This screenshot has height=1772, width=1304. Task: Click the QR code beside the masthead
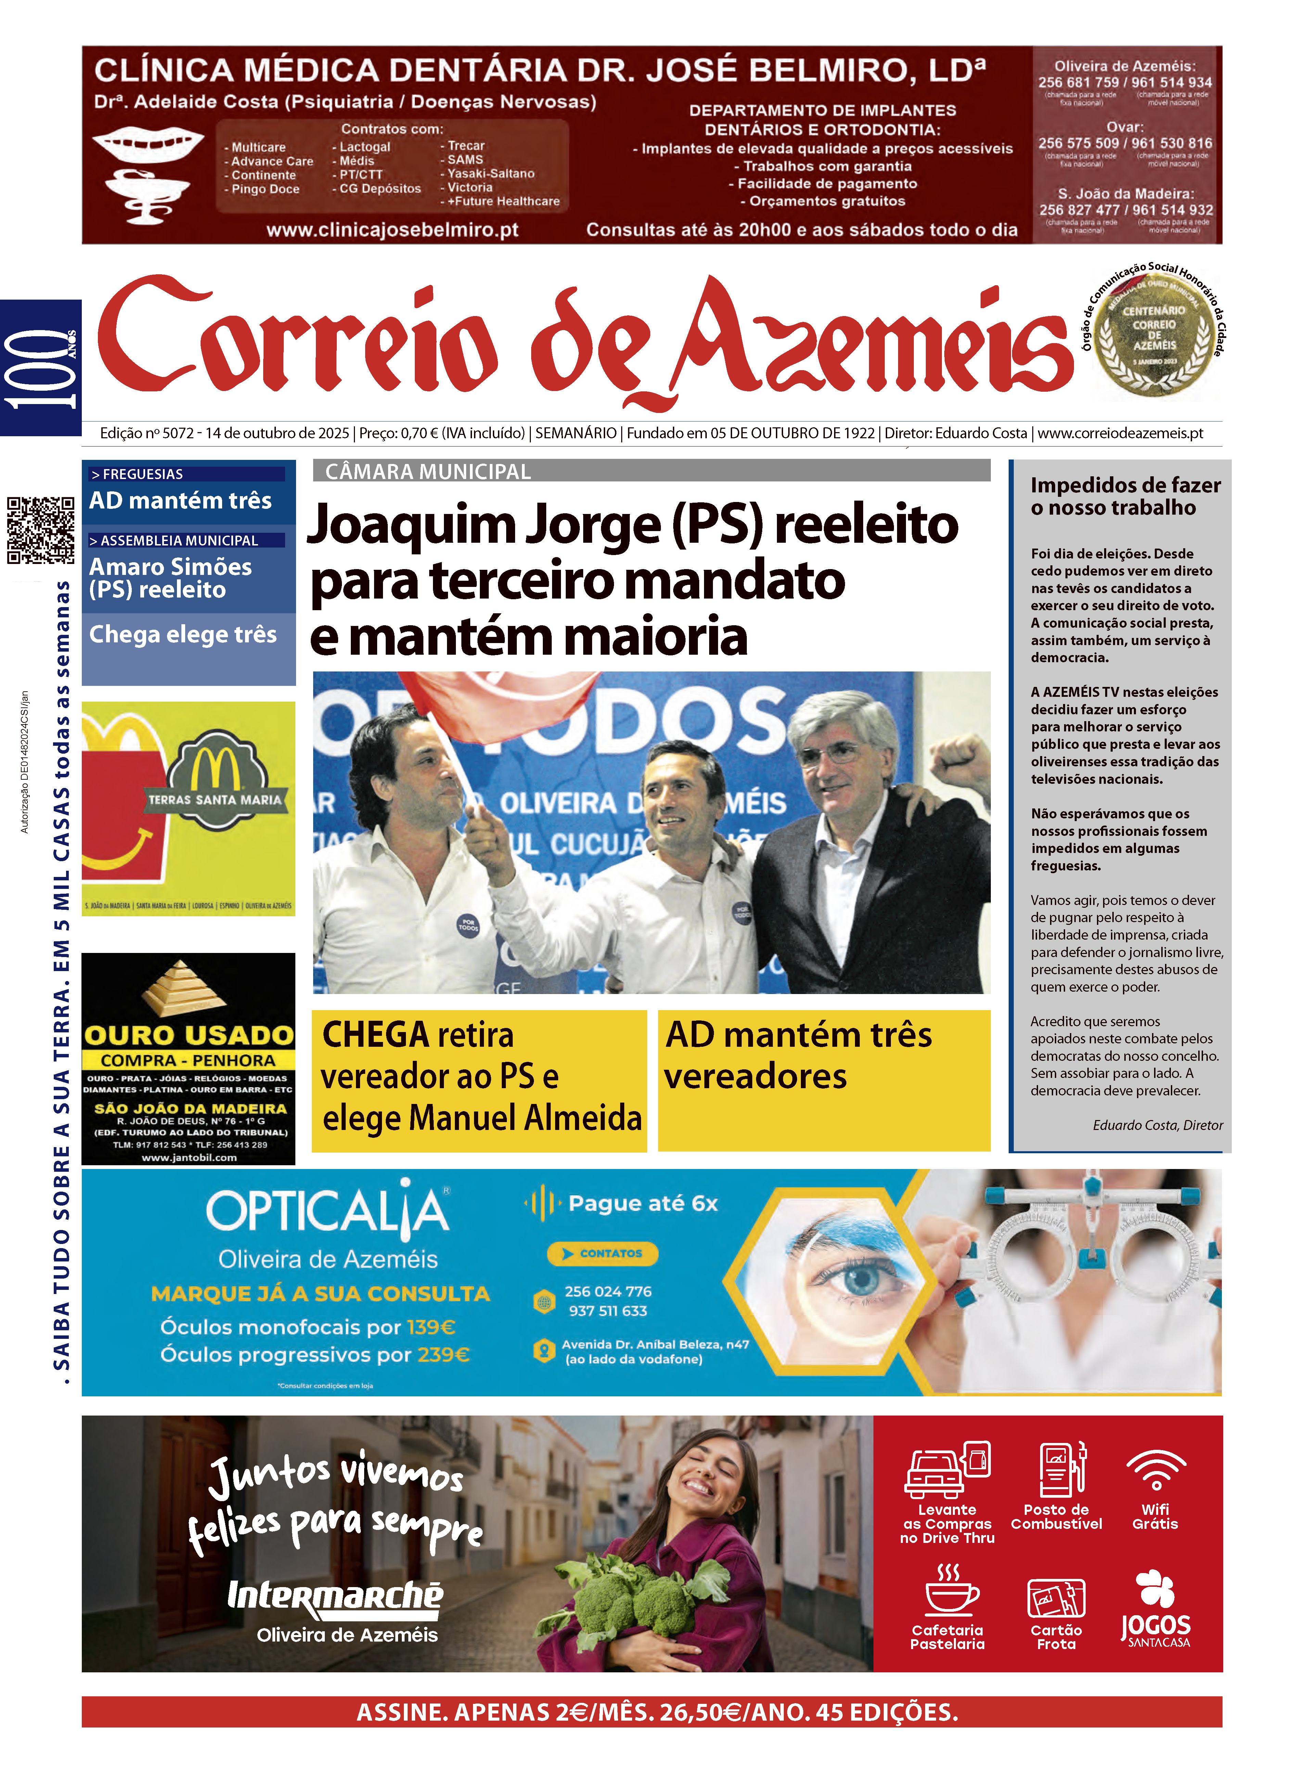click(x=41, y=530)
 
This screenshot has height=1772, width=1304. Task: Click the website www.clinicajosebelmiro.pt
click(x=392, y=230)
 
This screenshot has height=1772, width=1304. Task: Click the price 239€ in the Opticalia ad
click(x=444, y=1355)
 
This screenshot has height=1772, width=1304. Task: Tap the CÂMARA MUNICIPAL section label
click(x=428, y=472)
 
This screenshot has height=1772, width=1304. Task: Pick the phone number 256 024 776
click(x=608, y=1291)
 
